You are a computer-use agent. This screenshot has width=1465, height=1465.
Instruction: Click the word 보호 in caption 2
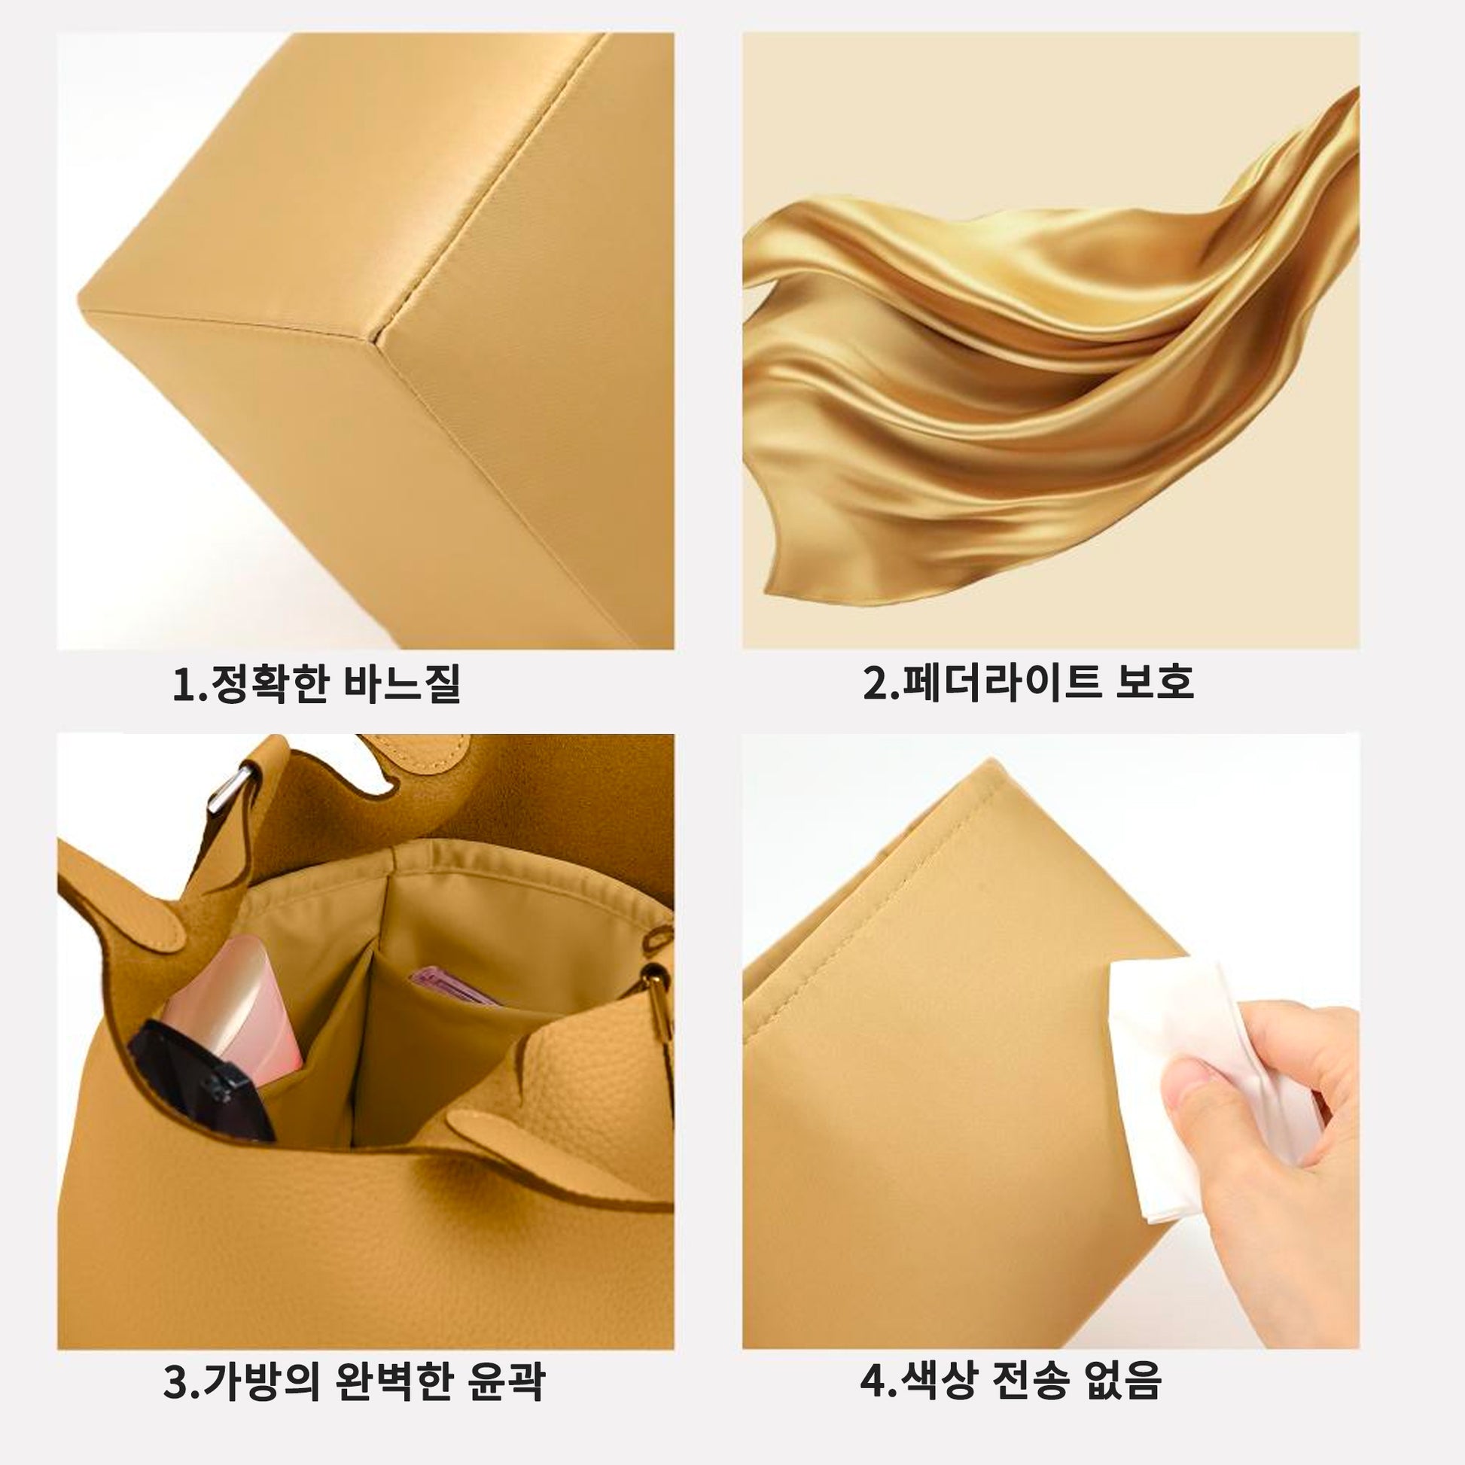tap(1156, 683)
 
